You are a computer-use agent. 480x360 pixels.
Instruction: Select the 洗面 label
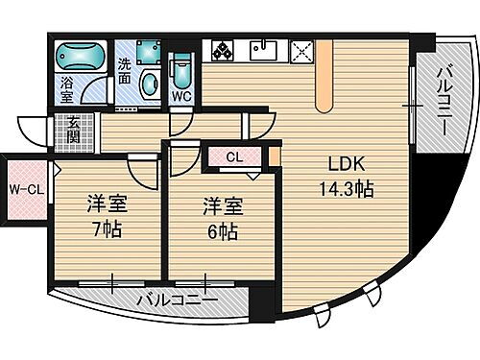tap(124, 71)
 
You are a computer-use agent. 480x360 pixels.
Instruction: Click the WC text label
tap(183, 95)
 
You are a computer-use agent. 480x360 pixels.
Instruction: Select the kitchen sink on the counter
tap(263, 50)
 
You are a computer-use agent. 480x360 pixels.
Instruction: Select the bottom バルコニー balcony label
tap(175, 300)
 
